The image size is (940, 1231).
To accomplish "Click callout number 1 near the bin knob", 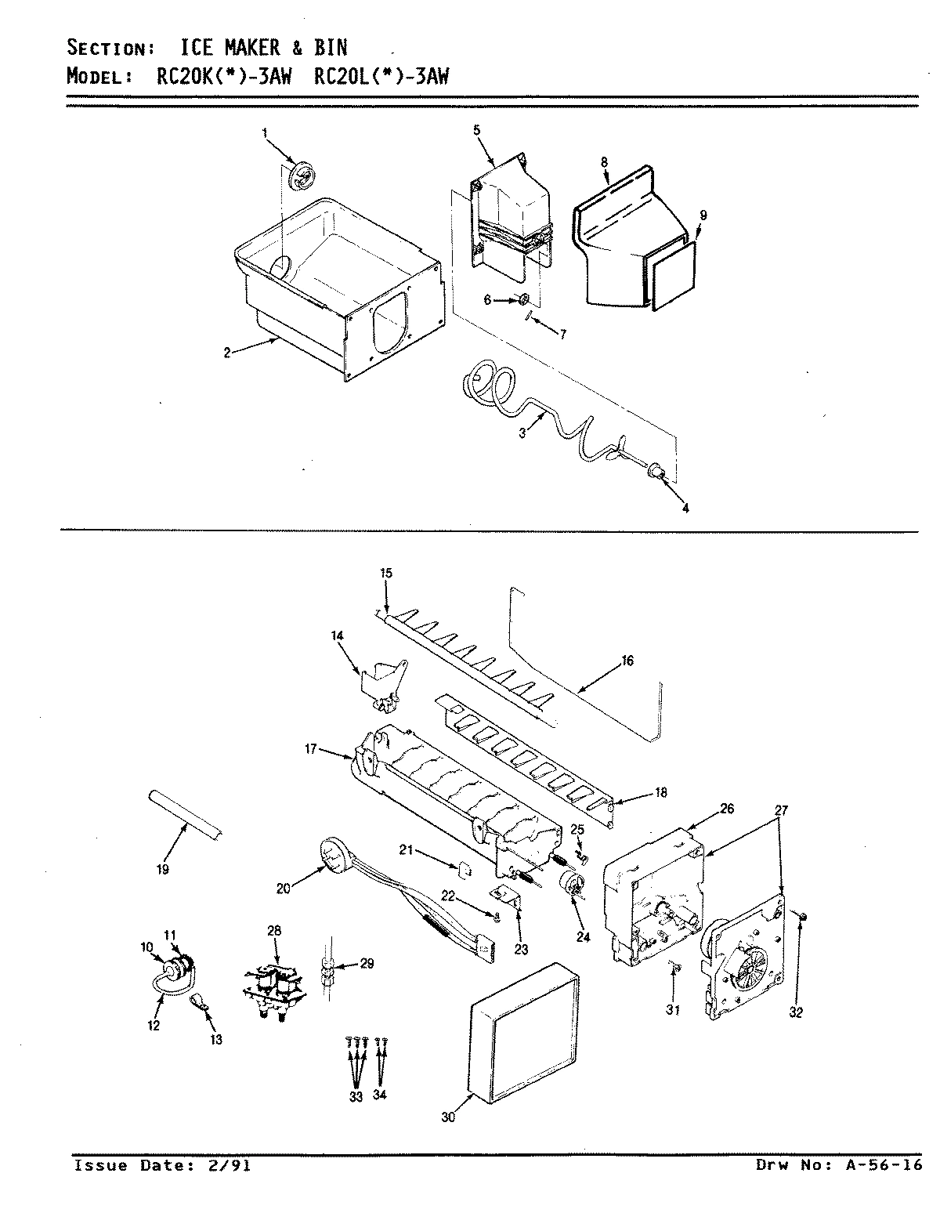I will coord(264,134).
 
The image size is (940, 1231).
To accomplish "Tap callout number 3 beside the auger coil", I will coord(521,431).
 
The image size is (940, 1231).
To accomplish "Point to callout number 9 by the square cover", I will coord(702,214).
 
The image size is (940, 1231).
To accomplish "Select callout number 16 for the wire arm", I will coord(627,661).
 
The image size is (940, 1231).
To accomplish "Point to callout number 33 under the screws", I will coord(356,1096).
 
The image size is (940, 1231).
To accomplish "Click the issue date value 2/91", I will coord(230,1165).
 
